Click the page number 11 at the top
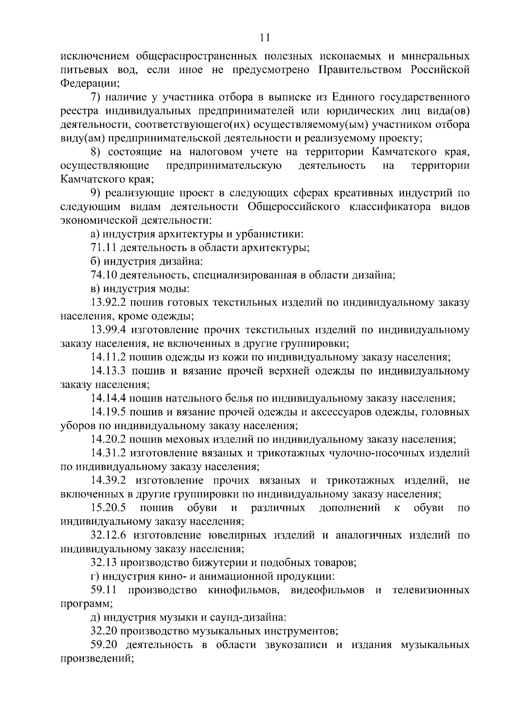click(265, 38)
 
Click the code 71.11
click(103, 248)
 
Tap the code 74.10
click(103, 276)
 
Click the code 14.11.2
click(108, 357)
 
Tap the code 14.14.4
click(108, 398)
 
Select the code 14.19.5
click(108, 412)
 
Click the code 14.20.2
click(108, 440)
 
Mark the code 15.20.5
click(108, 508)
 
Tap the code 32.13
click(103, 563)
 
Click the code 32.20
click(103, 631)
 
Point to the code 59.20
click(103, 645)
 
